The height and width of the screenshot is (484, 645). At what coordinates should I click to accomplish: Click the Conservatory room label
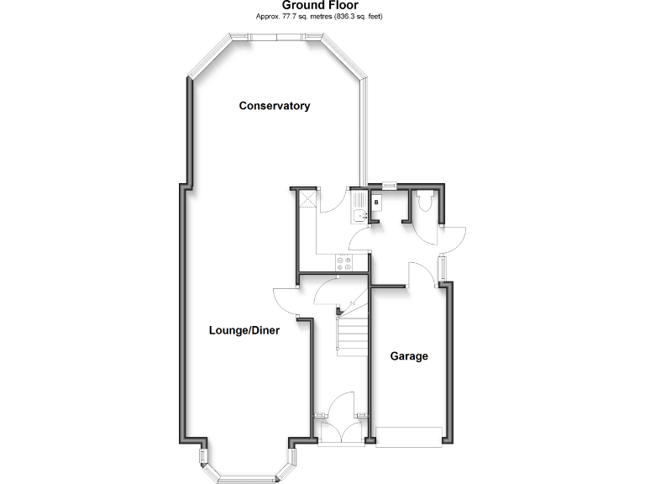[x=275, y=106]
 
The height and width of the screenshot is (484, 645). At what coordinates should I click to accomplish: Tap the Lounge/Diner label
[x=244, y=331]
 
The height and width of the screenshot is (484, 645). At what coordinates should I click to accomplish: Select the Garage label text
[x=409, y=356]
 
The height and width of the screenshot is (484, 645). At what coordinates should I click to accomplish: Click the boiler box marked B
[x=376, y=203]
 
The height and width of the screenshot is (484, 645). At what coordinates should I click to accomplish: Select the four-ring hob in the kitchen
[x=344, y=262]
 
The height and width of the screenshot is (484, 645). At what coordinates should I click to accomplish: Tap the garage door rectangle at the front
[x=409, y=437]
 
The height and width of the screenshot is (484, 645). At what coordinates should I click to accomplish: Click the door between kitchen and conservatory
[x=333, y=201]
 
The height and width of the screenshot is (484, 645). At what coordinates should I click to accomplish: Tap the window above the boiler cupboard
[x=388, y=186]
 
